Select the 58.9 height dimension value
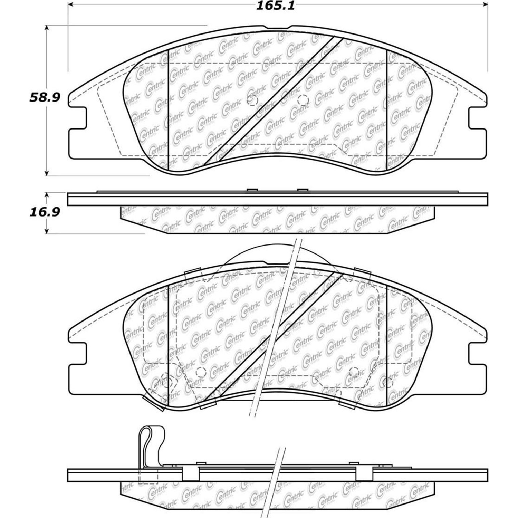(x=45, y=98)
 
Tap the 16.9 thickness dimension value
(x=45, y=212)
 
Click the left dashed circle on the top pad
(x=253, y=100)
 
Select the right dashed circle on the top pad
(x=303, y=100)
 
